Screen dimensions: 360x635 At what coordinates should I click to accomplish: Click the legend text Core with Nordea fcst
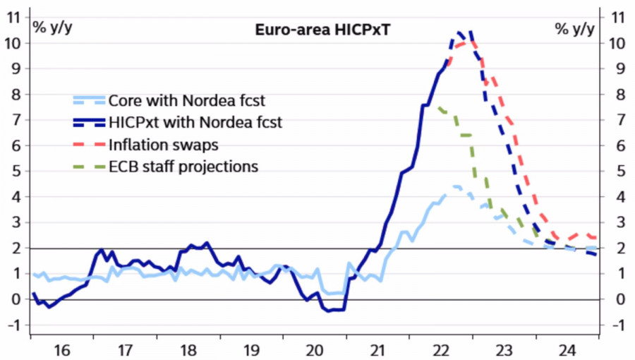click(186, 100)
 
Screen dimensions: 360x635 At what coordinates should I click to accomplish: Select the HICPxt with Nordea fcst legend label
click(195, 122)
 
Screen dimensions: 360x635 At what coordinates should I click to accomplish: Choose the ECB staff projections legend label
click(183, 167)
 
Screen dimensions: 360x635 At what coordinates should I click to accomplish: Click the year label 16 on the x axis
click(63, 349)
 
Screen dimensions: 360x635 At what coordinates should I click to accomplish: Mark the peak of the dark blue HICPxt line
click(459, 32)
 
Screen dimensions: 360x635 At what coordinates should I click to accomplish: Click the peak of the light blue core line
click(455, 186)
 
